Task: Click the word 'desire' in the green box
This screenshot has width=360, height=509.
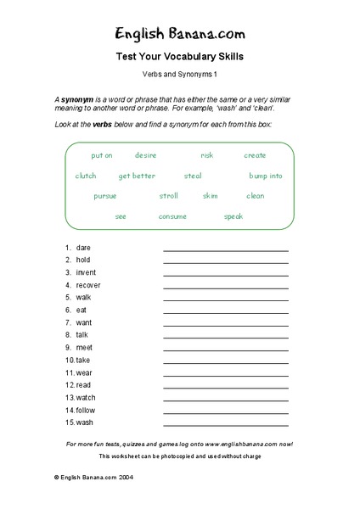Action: tap(146, 155)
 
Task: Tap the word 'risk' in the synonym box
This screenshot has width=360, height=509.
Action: tap(207, 155)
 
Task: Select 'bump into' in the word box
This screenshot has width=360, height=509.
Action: tap(266, 176)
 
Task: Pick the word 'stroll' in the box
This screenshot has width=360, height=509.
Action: tap(169, 196)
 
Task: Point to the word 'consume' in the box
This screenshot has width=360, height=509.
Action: tap(172, 216)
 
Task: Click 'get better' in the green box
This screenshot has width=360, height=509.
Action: tap(137, 176)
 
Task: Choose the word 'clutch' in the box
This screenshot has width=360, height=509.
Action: tap(86, 176)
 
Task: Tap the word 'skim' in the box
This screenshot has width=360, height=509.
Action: tap(210, 196)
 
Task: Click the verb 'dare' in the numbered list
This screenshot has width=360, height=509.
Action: tap(83, 248)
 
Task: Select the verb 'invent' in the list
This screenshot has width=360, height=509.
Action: tap(86, 272)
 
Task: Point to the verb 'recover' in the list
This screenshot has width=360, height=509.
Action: tap(88, 285)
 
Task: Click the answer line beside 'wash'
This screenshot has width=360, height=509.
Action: tap(226, 424)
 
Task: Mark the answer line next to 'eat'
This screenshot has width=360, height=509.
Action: tap(226, 312)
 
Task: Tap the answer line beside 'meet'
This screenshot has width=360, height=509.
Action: tap(226, 350)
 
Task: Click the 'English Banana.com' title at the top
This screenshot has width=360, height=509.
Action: tap(180, 34)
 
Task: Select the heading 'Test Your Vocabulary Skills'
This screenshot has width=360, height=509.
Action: tap(179, 57)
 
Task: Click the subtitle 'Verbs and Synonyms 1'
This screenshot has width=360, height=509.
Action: tap(179, 75)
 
